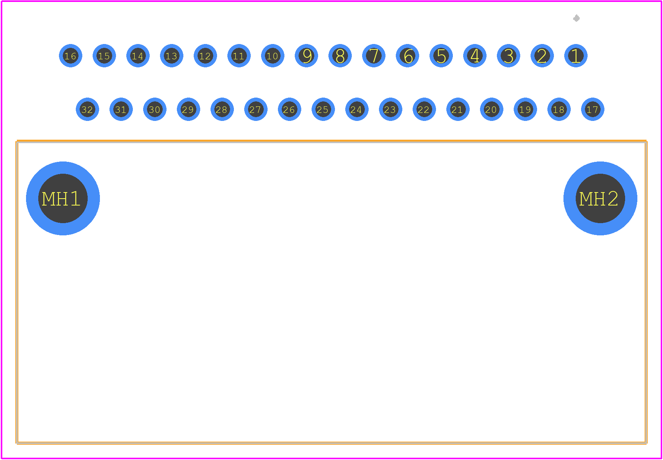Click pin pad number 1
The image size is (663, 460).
click(576, 56)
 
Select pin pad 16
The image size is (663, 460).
click(70, 56)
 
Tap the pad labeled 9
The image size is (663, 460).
click(306, 56)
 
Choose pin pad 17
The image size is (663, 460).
click(593, 109)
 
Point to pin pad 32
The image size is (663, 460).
click(87, 109)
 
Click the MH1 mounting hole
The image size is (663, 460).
click(63, 198)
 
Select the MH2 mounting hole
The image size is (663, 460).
click(600, 198)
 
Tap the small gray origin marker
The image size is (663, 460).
click(576, 18)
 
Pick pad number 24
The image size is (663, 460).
click(357, 109)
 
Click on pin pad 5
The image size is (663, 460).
click(441, 56)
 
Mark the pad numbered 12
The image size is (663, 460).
click(205, 56)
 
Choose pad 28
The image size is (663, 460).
click(222, 109)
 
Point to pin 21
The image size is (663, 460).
click(458, 109)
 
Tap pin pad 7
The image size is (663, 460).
click(374, 56)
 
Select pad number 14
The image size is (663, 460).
click(138, 56)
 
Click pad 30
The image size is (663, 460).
click(155, 109)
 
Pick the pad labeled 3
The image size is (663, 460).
click(508, 56)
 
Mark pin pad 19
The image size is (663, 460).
click(525, 109)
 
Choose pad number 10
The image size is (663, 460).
click(273, 56)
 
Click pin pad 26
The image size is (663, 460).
click(289, 109)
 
